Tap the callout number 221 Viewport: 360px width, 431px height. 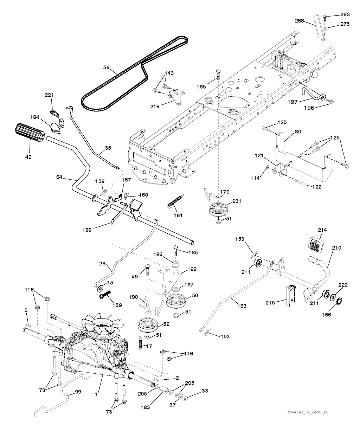[x=49, y=95]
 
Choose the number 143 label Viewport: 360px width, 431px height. [x=169, y=73]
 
